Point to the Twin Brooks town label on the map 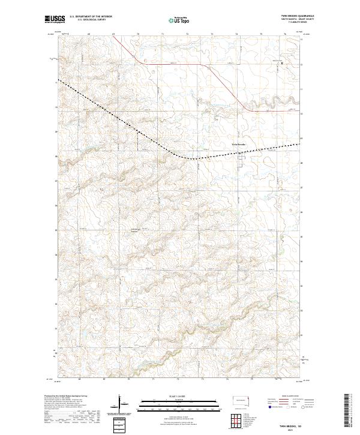pyautogui.click(x=239, y=145)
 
